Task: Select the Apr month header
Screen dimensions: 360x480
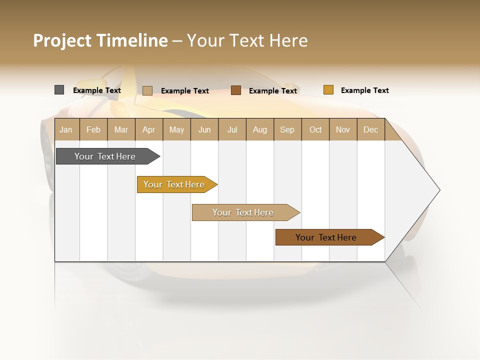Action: [x=149, y=129]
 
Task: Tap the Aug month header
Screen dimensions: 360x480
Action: [x=260, y=129]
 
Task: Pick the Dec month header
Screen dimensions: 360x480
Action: [x=371, y=129]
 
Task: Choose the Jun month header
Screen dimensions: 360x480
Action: [x=204, y=129]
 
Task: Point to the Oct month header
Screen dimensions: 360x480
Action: [x=315, y=129]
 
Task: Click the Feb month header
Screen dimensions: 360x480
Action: [x=93, y=129]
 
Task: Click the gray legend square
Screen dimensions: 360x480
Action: [x=59, y=90]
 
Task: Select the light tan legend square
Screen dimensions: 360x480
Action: [x=147, y=90]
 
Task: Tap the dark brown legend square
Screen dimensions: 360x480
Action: [x=236, y=90]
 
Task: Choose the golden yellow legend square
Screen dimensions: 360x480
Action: [x=328, y=90]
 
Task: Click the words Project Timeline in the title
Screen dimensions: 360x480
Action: [x=100, y=40]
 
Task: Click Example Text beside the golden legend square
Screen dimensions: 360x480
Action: [x=364, y=90]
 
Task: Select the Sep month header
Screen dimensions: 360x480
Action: [x=287, y=129]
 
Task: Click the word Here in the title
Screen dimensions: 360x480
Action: [x=288, y=40]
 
